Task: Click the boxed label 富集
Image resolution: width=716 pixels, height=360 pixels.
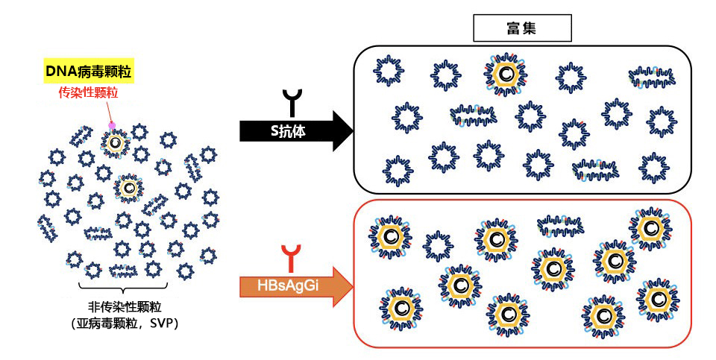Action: [x=522, y=28]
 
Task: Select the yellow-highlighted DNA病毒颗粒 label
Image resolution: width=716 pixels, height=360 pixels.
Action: [x=89, y=71]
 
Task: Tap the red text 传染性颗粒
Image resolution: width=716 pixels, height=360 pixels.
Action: [x=88, y=92]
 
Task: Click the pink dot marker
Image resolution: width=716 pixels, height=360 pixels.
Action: [x=112, y=125]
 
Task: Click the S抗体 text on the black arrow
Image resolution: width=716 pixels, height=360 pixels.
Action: [x=288, y=131]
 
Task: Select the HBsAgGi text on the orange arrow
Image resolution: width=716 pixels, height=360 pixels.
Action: [x=288, y=286]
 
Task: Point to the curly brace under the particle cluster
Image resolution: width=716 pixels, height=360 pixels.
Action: [x=123, y=288]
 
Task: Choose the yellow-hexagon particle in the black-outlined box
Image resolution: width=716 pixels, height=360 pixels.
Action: [x=505, y=75]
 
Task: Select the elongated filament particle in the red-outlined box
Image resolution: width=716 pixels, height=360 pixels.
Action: [x=560, y=225]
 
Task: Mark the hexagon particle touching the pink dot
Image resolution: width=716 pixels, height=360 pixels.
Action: [x=116, y=143]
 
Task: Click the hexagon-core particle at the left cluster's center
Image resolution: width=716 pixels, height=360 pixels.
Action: [x=129, y=188]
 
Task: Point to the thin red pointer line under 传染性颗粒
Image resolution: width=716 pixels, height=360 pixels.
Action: [x=109, y=111]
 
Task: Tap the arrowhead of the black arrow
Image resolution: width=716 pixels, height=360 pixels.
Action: [x=343, y=131]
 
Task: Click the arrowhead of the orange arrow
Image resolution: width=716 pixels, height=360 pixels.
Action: [x=343, y=286]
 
